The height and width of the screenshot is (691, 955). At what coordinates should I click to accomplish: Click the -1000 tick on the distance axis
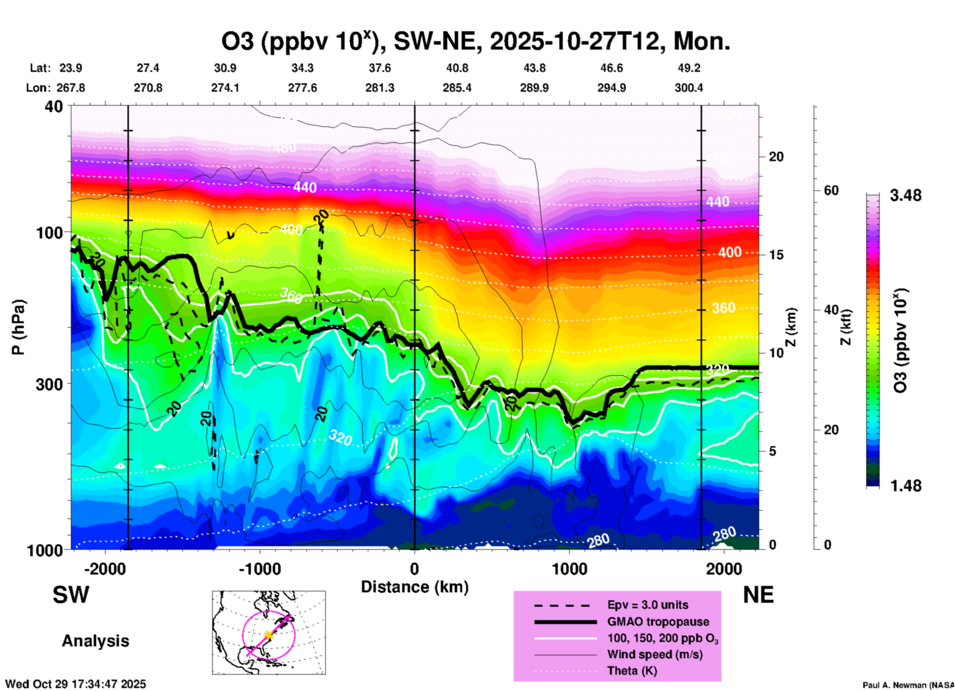(260, 569)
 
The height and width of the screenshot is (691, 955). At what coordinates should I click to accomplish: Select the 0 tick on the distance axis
(415, 569)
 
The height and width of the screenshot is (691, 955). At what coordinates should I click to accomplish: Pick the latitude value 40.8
(457, 68)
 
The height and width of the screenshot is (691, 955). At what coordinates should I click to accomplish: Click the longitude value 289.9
(534, 88)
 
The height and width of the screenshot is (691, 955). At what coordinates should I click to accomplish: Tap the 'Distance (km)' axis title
(415, 587)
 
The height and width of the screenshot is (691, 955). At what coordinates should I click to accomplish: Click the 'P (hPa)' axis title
(18, 327)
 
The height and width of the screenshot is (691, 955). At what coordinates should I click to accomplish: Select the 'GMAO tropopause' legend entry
(658, 622)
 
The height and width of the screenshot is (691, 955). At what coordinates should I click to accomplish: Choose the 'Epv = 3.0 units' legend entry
(648, 605)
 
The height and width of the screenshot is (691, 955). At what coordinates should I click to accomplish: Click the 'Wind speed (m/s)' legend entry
(655, 654)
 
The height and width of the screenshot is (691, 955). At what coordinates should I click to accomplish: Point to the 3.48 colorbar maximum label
(905, 196)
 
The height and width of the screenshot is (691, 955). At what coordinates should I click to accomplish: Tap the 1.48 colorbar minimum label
(905, 486)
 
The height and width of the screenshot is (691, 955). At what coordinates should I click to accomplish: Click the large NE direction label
(758, 595)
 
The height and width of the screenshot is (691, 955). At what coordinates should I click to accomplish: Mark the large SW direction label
(71, 595)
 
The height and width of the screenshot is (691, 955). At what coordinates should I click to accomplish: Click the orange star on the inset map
(268, 634)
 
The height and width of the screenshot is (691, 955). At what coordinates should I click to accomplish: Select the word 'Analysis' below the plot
(95, 641)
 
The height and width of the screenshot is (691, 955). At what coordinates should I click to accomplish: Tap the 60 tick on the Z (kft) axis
(832, 190)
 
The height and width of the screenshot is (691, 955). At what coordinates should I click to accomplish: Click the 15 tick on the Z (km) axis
(776, 255)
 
